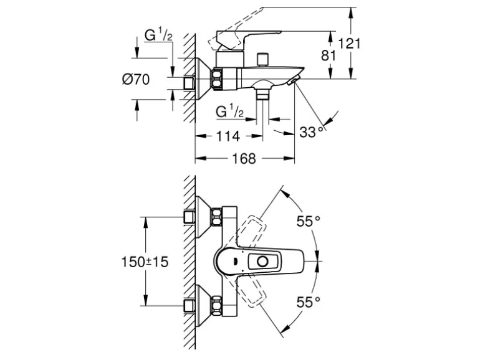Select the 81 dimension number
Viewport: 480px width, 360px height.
(329, 55)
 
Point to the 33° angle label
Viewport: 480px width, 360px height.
(312, 131)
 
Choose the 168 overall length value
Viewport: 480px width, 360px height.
(244, 158)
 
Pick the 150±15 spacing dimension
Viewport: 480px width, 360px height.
(144, 262)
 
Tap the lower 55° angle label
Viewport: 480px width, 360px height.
(307, 301)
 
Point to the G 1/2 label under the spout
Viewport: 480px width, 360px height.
(229, 112)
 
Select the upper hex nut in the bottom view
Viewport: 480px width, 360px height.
(216, 217)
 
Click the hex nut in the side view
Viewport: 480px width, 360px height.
(216, 77)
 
